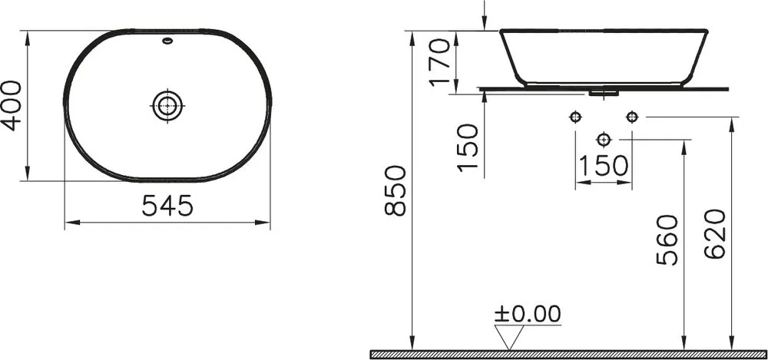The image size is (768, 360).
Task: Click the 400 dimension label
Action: pos(12,106)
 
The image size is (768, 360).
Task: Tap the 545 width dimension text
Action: pos(167,206)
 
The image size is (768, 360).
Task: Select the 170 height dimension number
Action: pos(439,62)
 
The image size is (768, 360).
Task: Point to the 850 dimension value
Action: pos(396,191)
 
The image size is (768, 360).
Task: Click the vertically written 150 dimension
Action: pos(467,147)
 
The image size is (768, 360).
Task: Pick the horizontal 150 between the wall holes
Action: pos(604,166)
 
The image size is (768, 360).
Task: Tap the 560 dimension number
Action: pos(667,240)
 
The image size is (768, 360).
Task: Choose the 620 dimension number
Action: pos(714,233)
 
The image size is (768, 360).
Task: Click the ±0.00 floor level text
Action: pos(528,314)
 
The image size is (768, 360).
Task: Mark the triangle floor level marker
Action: pos(509,337)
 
